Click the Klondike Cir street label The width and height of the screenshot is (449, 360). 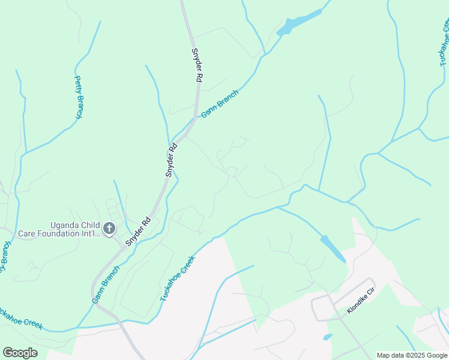click(360, 302)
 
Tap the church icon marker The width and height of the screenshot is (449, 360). click(109, 228)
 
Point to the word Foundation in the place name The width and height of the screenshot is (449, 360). click(66, 233)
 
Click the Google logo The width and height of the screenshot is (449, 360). click(20, 353)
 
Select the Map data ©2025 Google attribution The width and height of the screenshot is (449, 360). click(412, 355)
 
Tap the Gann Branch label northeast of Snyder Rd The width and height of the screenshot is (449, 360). click(220, 103)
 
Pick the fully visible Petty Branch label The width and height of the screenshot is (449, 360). click(79, 97)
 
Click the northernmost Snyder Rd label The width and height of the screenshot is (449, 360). click(196, 65)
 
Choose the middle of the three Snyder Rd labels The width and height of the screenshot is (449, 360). click(172, 160)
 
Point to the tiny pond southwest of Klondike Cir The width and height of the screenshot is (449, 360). click(327, 337)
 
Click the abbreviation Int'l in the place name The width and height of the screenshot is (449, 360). click(93, 233)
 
